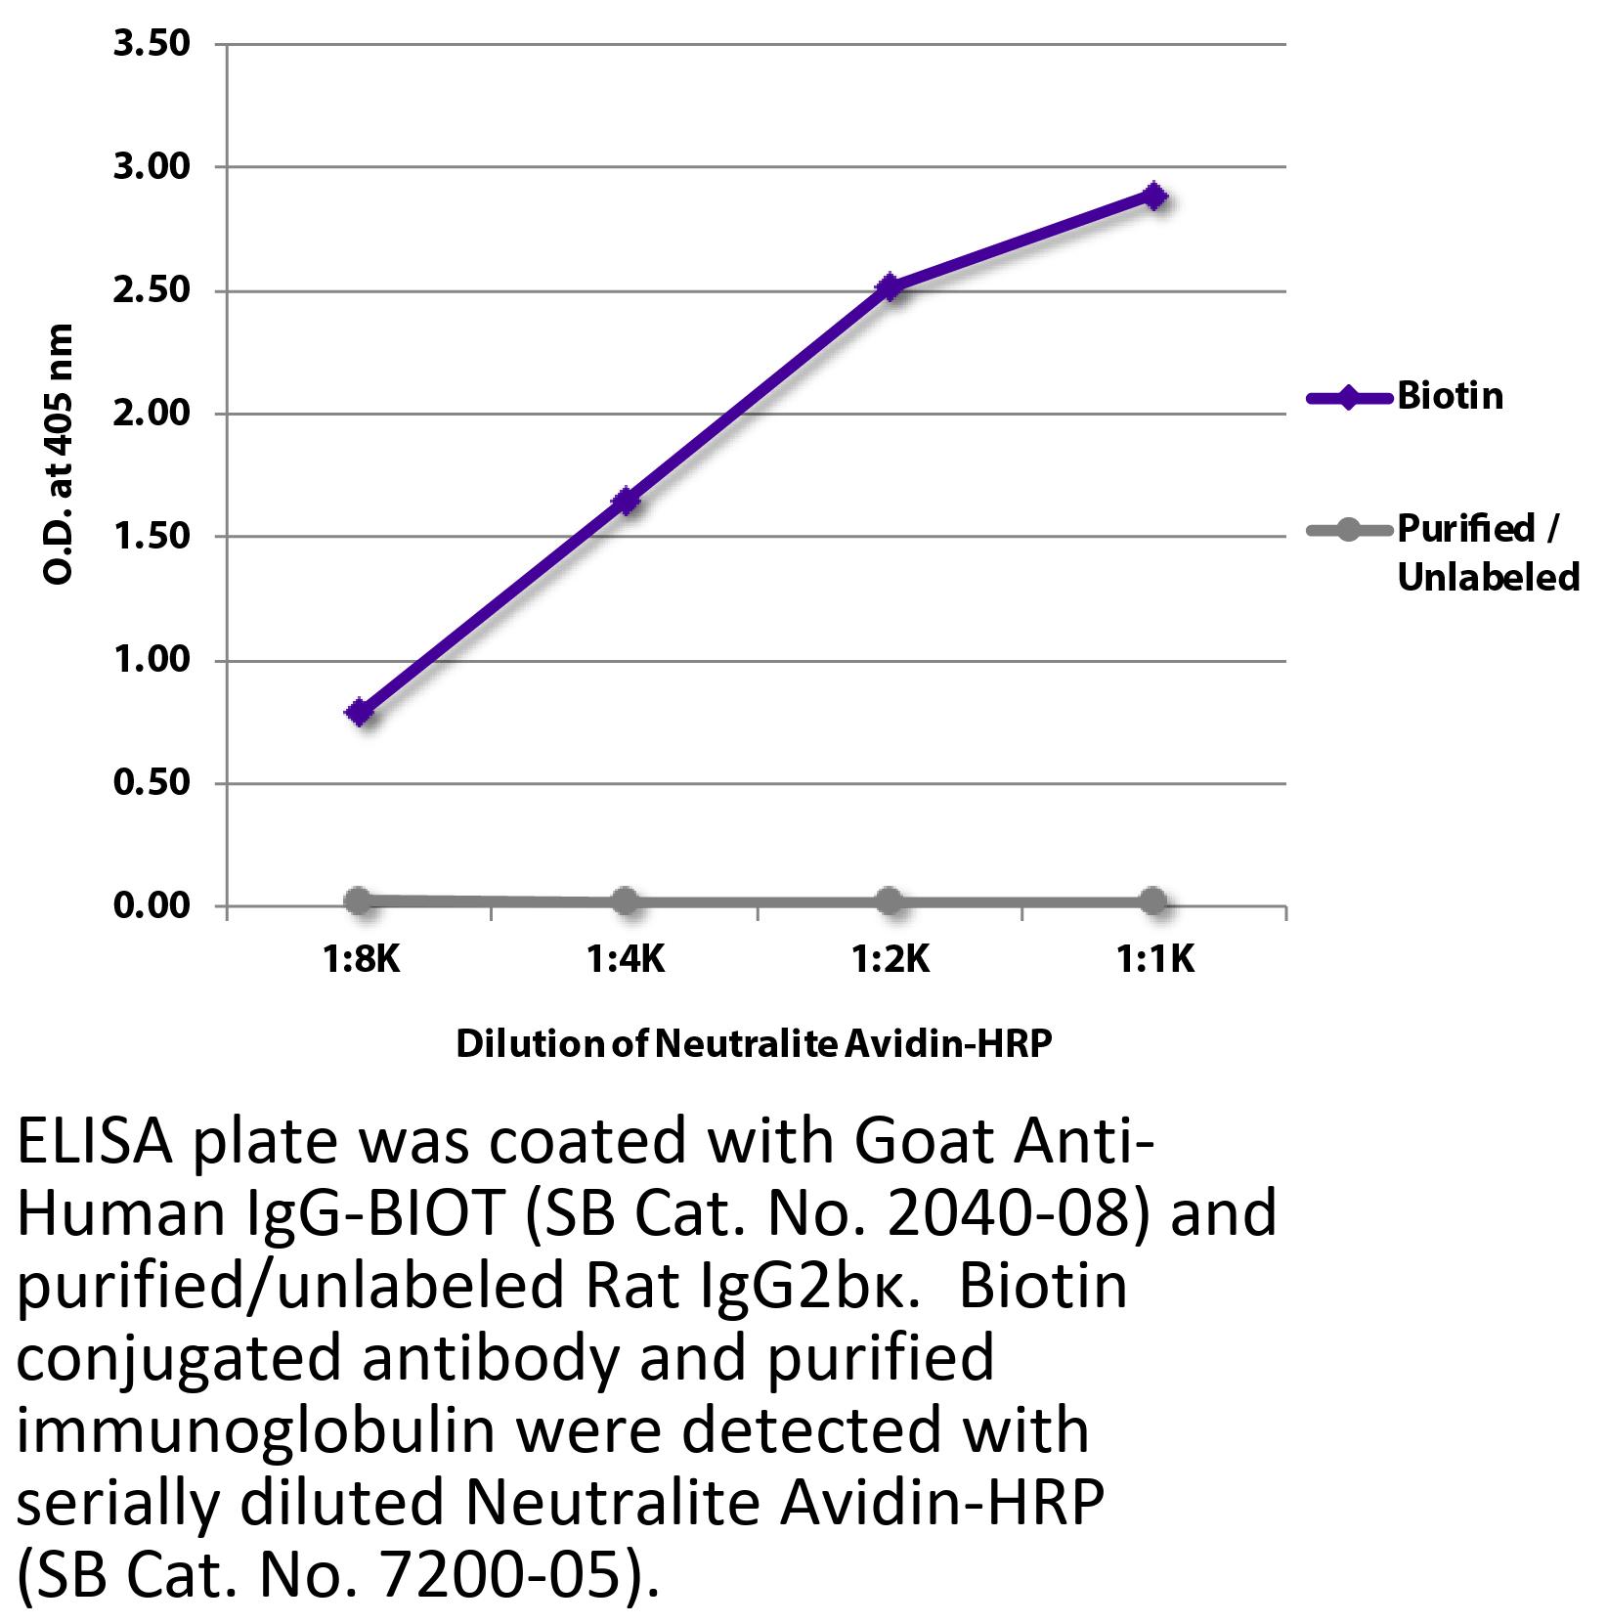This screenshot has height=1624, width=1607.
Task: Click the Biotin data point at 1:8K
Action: click(x=360, y=712)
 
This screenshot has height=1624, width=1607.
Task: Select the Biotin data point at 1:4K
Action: click(x=626, y=502)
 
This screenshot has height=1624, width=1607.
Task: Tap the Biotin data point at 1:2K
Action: click(x=890, y=286)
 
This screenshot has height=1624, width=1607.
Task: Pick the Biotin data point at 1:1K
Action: click(x=1154, y=196)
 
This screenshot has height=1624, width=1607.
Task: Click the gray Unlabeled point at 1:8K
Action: click(x=359, y=900)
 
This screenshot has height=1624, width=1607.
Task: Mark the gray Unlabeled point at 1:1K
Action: click(x=1153, y=901)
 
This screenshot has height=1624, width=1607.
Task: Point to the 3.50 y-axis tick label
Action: click(x=152, y=44)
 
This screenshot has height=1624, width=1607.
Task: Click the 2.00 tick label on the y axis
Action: click(x=152, y=414)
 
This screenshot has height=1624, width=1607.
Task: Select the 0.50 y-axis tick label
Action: click(x=152, y=783)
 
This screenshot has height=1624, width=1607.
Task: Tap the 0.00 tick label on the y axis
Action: click(x=152, y=906)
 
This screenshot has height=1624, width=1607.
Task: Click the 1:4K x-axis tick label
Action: click(x=626, y=960)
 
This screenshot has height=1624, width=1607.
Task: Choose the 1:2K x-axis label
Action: click(x=890, y=960)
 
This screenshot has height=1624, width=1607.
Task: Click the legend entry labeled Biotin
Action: click(x=1450, y=396)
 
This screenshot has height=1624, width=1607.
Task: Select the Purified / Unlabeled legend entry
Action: click(x=1486, y=552)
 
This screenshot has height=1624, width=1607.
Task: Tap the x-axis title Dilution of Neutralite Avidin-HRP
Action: click(x=754, y=1044)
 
